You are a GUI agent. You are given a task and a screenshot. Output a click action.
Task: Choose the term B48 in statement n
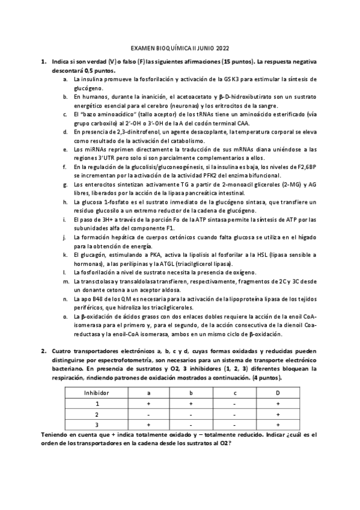[98, 297]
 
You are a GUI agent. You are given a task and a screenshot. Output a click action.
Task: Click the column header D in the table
[278, 392]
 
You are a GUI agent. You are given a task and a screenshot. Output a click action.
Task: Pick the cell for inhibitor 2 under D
[278, 414]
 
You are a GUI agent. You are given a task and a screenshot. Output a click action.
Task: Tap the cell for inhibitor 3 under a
[148, 425]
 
